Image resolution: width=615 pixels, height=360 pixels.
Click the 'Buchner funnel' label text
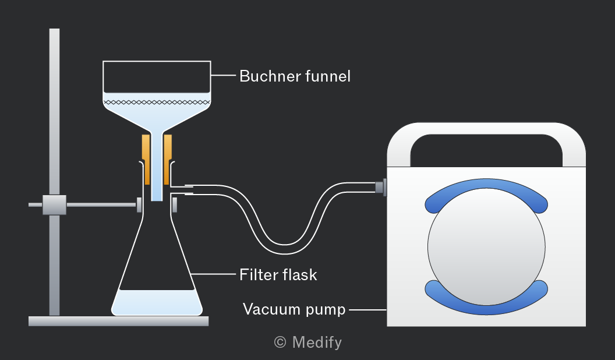coord(295,76)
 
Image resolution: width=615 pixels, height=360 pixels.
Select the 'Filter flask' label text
coord(278,274)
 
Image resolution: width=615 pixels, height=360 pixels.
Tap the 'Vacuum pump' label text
coord(294,309)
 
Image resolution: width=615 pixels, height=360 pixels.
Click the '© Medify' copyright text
coord(308,343)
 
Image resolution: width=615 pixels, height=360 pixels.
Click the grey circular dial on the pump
coord(486,246)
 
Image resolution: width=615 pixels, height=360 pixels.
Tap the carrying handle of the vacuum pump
coord(486,129)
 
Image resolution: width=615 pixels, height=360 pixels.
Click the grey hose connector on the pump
coord(381,187)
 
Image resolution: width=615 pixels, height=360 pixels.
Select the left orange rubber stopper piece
coord(146,159)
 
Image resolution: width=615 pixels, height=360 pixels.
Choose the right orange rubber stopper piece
coord(168,159)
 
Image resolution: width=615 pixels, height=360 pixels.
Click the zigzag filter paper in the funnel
coord(157,103)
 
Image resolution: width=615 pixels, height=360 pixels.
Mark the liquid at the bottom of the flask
coord(157,302)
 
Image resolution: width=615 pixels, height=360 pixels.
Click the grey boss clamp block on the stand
coord(55,204)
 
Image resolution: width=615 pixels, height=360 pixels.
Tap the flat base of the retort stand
coord(118,321)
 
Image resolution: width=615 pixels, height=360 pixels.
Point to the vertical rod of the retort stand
coord(55,172)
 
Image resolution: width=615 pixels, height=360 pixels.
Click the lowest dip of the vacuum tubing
coord(284,249)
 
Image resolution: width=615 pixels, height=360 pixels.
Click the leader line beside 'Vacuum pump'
coord(368,310)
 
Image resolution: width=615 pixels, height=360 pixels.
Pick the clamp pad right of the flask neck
coord(175,204)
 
